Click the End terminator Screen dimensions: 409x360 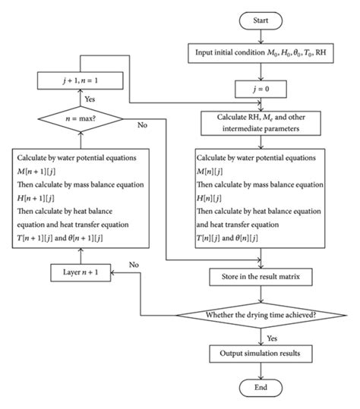tap(261, 388)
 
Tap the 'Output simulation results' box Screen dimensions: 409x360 tap(261, 354)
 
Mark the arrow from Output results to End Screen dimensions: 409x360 tap(261, 370)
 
